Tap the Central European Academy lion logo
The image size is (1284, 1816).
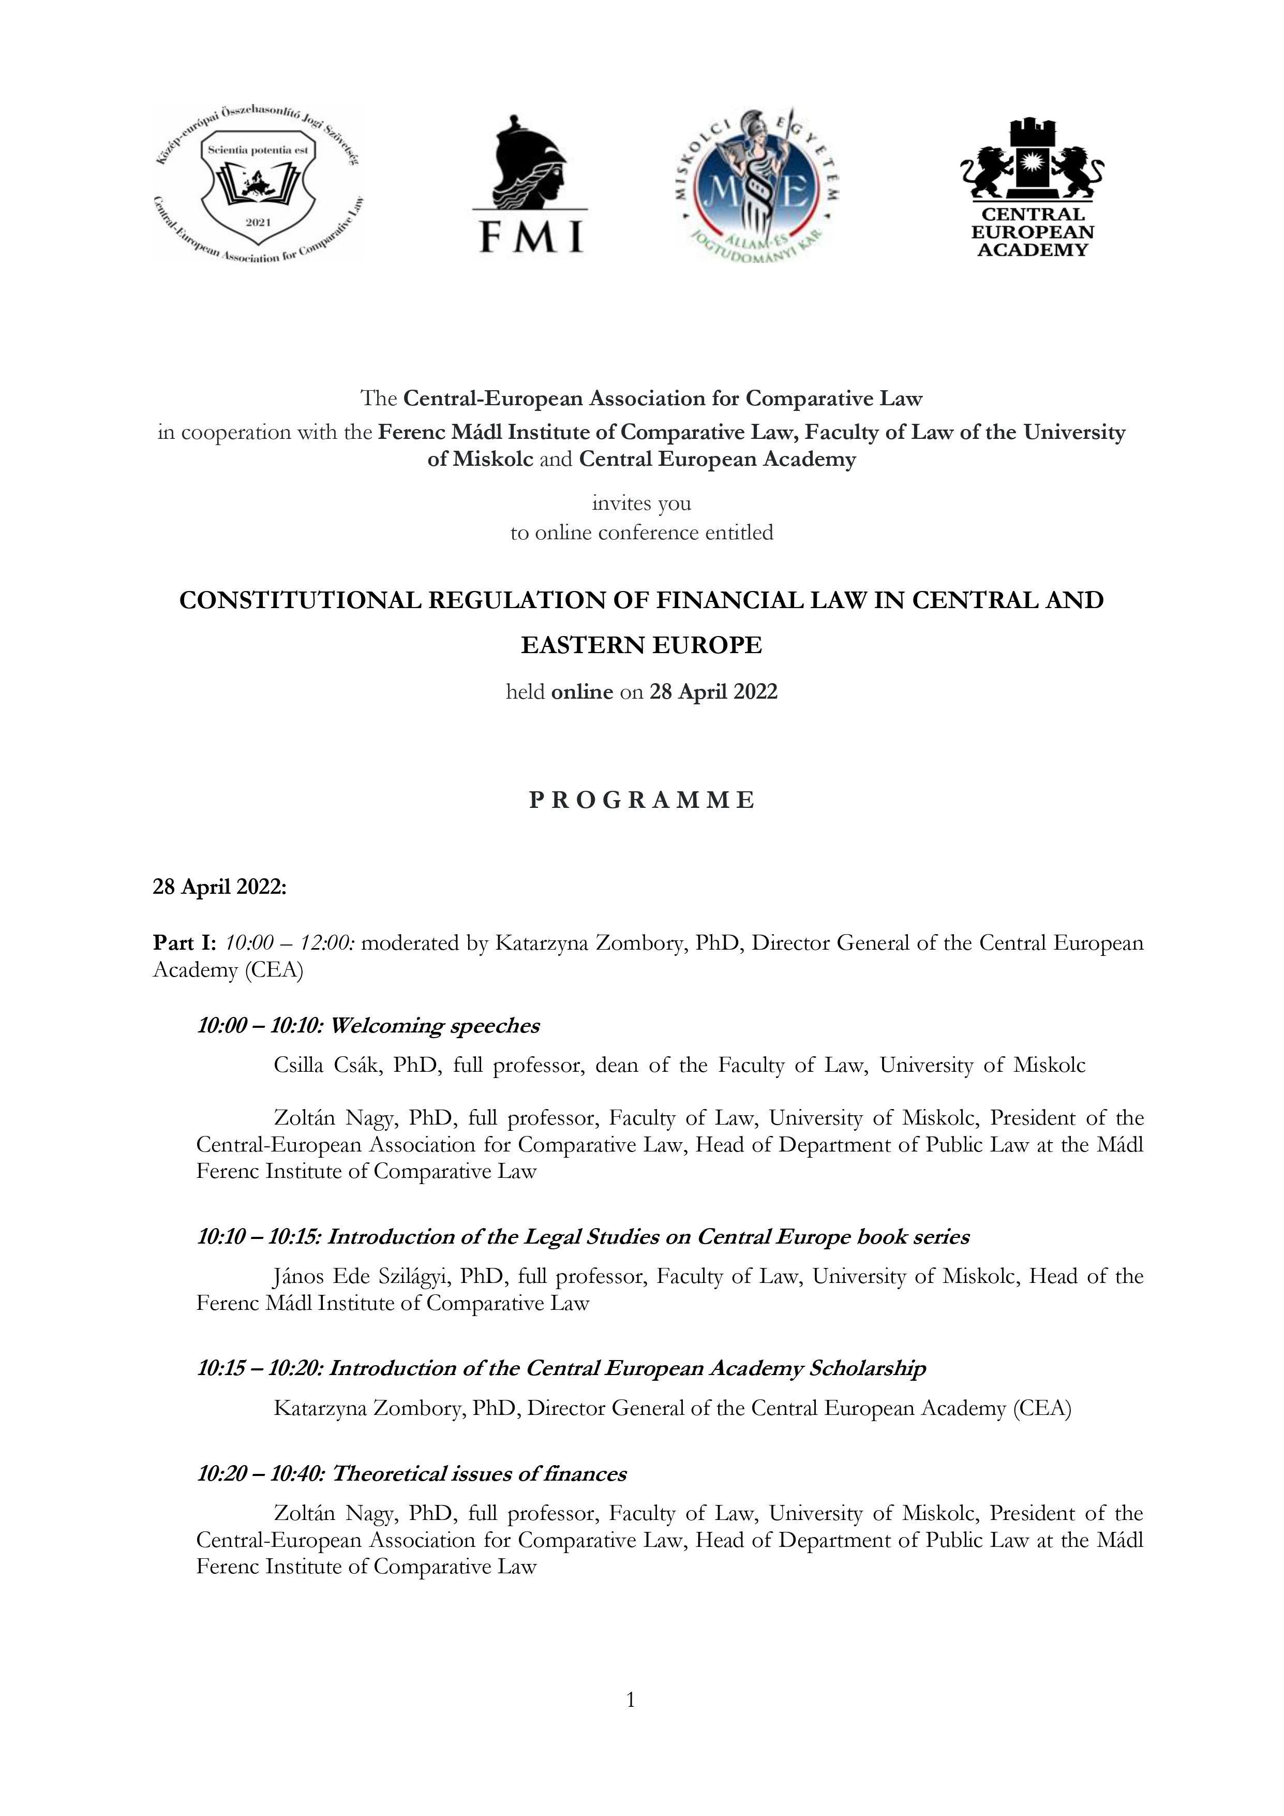[x=1032, y=187]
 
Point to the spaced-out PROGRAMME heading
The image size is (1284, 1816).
[x=641, y=801]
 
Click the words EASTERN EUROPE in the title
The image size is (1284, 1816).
[x=641, y=645]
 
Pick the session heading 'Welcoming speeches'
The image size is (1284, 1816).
[x=435, y=1026]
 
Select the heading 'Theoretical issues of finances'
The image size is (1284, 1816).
[x=479, y=1473]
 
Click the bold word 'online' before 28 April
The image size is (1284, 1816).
[x=582, y=692]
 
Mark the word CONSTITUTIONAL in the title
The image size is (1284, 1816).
[x=301, y=600]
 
